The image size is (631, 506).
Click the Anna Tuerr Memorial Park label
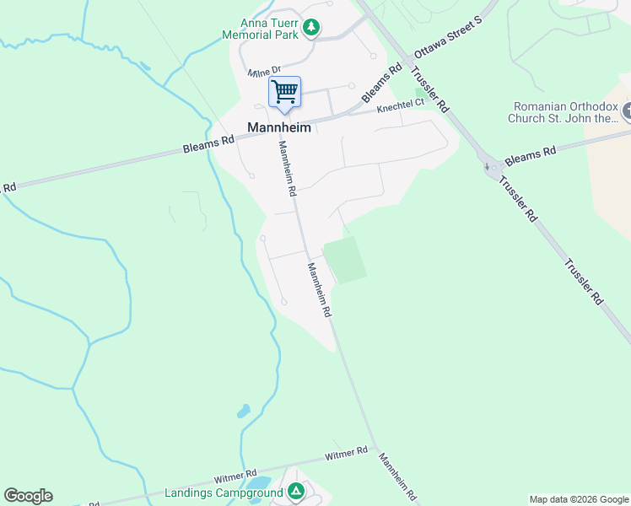tap(269, 29)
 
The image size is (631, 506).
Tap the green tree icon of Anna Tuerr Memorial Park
tap(311, 28)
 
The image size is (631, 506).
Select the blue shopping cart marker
tap(285, 92)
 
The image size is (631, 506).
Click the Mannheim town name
tap(279, 127)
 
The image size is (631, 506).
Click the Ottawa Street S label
tap(446, 37)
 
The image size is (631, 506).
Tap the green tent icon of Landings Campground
tap(295, 491)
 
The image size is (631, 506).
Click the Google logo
tap(28, 496)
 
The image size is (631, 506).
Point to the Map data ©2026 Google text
tap(579, 499)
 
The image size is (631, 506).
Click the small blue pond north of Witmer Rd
tap(243, 412)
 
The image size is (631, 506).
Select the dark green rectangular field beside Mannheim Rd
tap(345, 259)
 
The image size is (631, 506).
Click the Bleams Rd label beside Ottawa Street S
tap(382, 83)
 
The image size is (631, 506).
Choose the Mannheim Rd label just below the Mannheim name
tap(288, 167)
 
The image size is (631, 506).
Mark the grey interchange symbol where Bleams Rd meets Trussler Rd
tap(492, 167)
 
